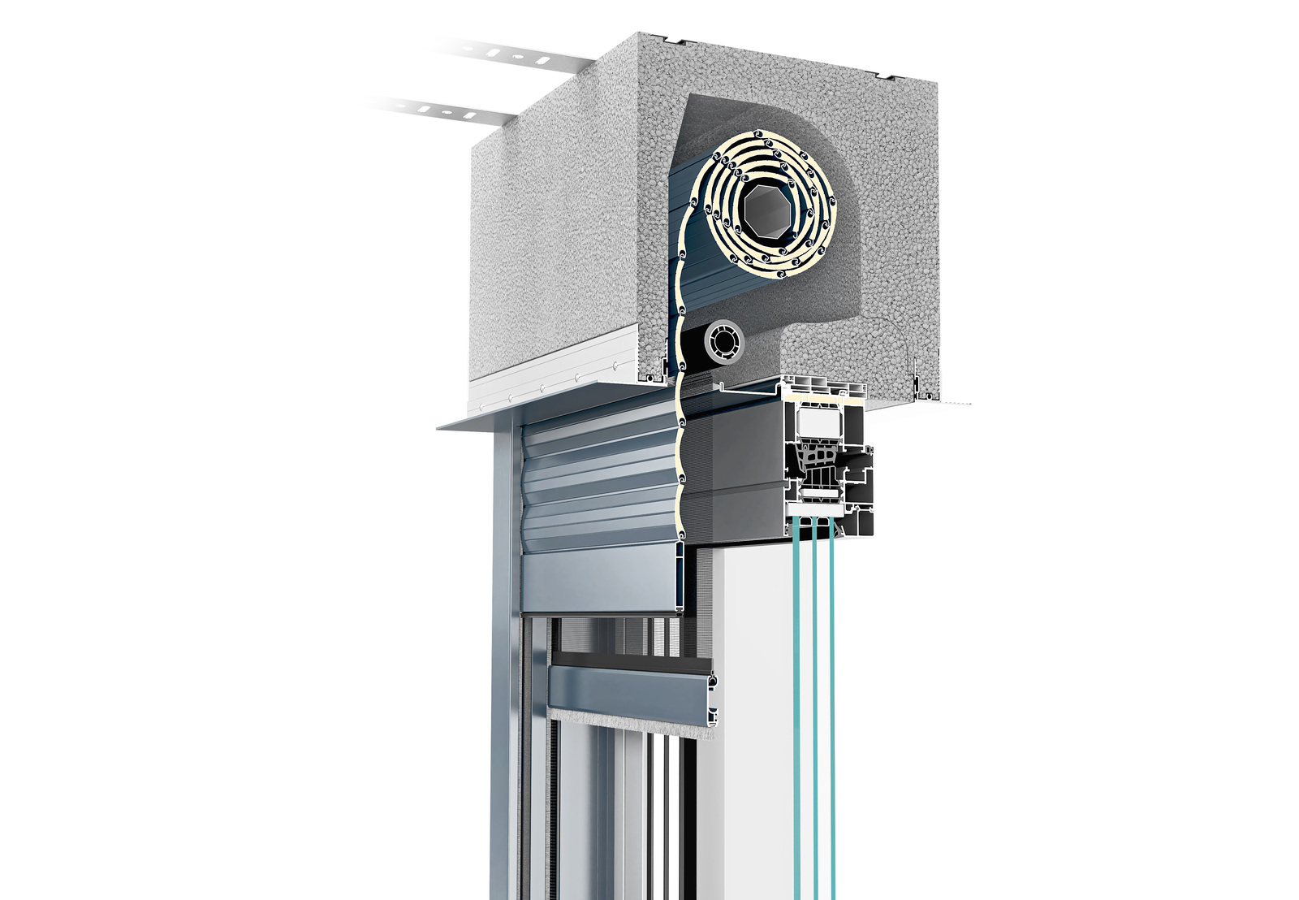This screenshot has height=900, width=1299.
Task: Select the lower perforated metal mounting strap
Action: pos(455,110)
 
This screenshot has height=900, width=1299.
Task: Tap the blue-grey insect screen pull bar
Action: pos(629,690)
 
